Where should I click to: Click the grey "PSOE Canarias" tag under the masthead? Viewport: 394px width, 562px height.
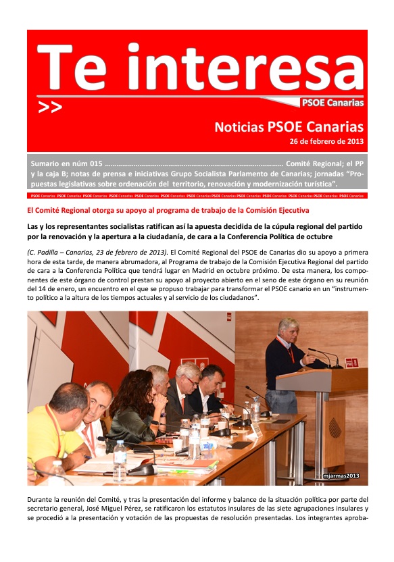pyautogui.click(x=332, y=103)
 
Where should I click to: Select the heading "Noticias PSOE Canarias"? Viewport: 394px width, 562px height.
pyautogui.click(x=289, y=127)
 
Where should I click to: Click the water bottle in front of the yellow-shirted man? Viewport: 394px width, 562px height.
pyautogui.click(x=120, y=461)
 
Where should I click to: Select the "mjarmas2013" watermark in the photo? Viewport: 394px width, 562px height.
pyautogui.click(x=341, y=476)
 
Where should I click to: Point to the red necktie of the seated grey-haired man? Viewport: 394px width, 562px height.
pyautogui.click(x=182, y=405)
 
